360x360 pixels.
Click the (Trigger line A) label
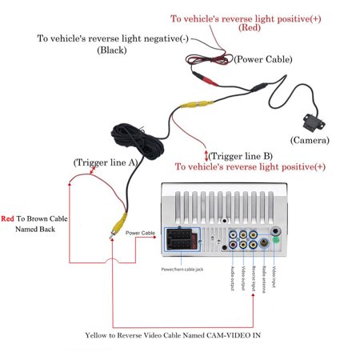tap(107, 162)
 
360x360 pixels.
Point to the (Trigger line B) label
tap(242, 156)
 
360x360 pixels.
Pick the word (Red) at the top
tap(250, 29)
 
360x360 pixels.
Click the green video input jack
tap(274, 238)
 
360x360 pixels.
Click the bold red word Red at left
tap(9, 217)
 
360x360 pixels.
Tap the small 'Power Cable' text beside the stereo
tap(141, 234)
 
